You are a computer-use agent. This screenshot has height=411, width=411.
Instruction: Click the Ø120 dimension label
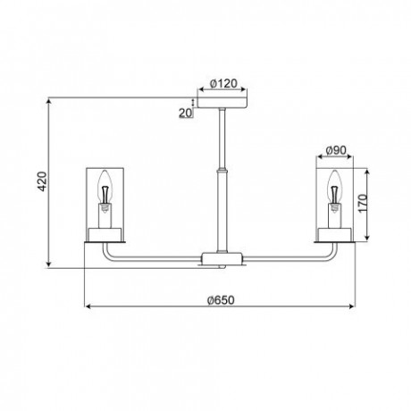click(223, 83)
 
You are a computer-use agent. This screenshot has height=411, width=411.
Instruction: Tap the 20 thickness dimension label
click(186, 113)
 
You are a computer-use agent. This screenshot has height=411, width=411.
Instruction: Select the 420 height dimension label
click(42, 181)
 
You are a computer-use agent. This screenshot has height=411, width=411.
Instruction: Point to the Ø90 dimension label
click(336, 150)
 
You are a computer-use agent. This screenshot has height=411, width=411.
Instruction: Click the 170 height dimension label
click(363, 203)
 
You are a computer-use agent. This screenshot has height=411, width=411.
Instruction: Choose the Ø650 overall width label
click(221, 300)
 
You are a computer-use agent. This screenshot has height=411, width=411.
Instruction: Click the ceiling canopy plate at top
click(222, 103)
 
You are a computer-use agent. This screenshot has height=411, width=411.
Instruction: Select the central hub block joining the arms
click(222, 257)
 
